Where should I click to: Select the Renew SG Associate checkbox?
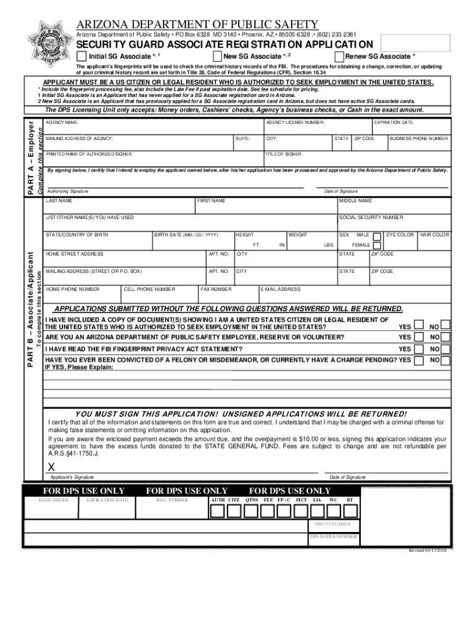coord(338,56)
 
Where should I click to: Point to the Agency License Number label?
coord(295,123)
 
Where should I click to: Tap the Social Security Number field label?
coord(371,218)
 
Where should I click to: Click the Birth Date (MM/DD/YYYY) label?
coord(187,235)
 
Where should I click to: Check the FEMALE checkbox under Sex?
coord(376,244)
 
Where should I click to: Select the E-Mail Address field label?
coord(281,289)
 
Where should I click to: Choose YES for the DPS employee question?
coord(418,338)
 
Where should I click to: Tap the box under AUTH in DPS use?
coord(217,511)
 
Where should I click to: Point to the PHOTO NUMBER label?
coord(332,524)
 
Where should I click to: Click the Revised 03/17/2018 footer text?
coord(427,550)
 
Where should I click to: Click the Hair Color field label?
coord(434,235)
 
